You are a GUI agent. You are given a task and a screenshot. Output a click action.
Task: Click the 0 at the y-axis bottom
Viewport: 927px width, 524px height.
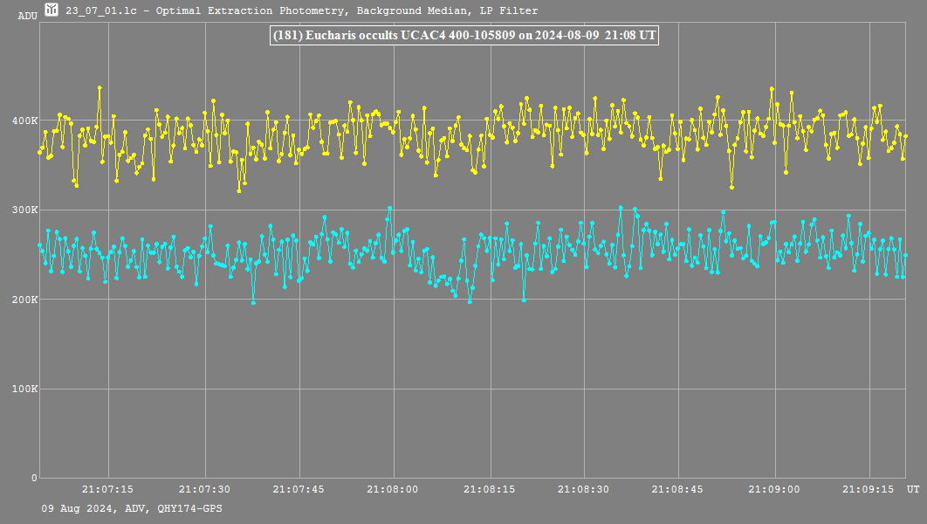(x=34, y=478)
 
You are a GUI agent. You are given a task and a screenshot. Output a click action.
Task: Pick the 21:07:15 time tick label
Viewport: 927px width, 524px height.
(x=108, y=490)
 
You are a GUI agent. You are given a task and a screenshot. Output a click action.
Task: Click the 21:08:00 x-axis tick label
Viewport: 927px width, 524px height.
(x=393, y=490)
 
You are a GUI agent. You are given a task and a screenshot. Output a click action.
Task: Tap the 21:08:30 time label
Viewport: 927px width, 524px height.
(x=583, y=490)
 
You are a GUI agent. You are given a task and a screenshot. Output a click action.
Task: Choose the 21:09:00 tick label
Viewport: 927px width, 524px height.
(x=773, y=490)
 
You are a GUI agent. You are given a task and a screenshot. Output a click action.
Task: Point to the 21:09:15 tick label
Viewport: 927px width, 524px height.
(x=868, y=490)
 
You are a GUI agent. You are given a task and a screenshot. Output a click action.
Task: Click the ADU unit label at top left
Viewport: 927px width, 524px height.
(x=27, y=16)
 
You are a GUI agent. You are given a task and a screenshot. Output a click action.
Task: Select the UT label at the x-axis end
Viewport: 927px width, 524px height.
(x=912, y=489)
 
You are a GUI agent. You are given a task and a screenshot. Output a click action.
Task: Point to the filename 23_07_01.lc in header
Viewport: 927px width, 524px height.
(x=100, y=11)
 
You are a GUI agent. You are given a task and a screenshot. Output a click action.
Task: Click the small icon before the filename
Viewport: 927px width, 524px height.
(x=51, y=10)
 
